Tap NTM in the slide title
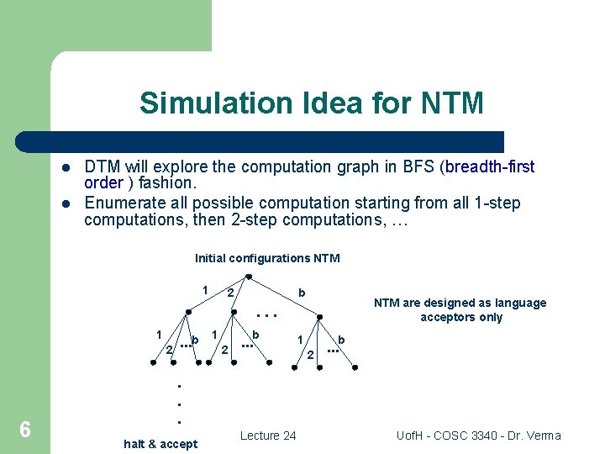[452, 103]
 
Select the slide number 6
[25, 430]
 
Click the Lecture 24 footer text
[268, 435]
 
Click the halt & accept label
[160, 444]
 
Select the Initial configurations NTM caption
[267, 258]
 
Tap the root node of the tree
[249, 277]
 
